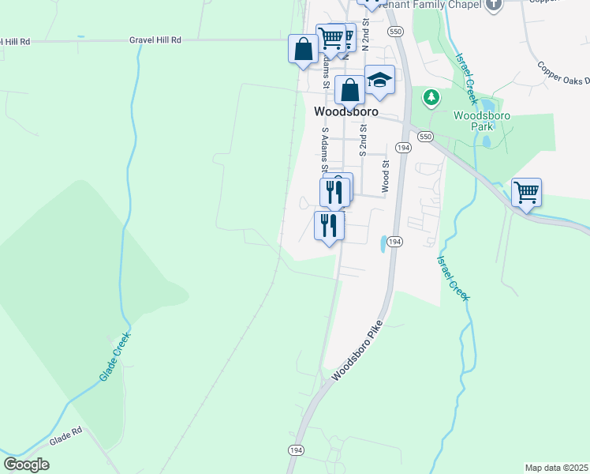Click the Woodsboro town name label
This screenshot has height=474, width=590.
[x=345, y=112]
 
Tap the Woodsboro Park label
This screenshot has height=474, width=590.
[x=483, y=121]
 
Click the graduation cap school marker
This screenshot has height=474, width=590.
[x=379, y=81]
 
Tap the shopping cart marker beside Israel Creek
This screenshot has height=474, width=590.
[x=526, y=193]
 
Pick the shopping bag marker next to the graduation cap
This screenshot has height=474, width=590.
[x=349, y=90]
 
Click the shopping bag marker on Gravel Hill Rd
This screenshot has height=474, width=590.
[x=304, y=50]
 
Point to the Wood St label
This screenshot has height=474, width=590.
[x=386, y=176]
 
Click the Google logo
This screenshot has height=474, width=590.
[x=26, y=465]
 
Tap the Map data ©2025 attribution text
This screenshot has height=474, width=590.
[x=555, y=468]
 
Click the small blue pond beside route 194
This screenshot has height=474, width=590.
[x=383, y=244]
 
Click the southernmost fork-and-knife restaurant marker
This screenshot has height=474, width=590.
[x=329, y=225]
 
